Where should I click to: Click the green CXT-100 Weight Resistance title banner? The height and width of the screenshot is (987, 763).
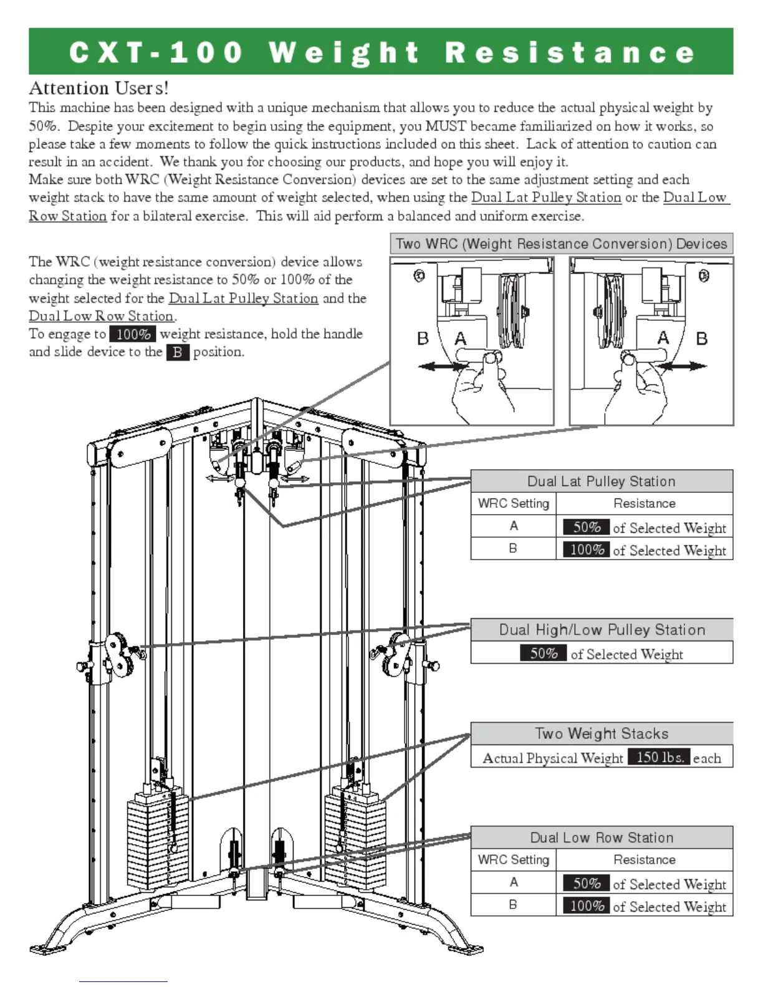381,52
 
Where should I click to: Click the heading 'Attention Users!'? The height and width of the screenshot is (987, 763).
98,88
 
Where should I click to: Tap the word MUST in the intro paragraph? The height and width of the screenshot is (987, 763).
445,126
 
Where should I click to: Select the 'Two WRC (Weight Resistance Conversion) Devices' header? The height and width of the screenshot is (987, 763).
561,244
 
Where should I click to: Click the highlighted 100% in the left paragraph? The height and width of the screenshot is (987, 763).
133,334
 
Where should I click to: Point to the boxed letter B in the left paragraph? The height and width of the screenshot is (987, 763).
178,352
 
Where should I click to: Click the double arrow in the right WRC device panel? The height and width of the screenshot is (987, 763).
684,366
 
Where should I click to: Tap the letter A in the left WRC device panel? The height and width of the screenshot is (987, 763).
461,338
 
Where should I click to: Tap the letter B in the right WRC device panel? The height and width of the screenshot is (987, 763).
702,338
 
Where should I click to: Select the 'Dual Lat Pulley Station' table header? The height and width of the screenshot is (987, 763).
601,481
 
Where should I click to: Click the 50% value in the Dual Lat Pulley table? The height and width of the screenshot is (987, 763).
587,527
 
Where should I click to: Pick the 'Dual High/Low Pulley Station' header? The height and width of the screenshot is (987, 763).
602,629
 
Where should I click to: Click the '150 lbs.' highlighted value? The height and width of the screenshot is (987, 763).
659,757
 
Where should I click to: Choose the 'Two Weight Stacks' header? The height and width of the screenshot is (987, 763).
602,733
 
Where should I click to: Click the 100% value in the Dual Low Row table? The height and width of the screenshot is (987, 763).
587,905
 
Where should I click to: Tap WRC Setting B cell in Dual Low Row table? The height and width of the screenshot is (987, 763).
513,904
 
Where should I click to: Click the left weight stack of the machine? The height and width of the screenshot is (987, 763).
157,841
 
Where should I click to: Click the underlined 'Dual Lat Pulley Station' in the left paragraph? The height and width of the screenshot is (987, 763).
243,298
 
